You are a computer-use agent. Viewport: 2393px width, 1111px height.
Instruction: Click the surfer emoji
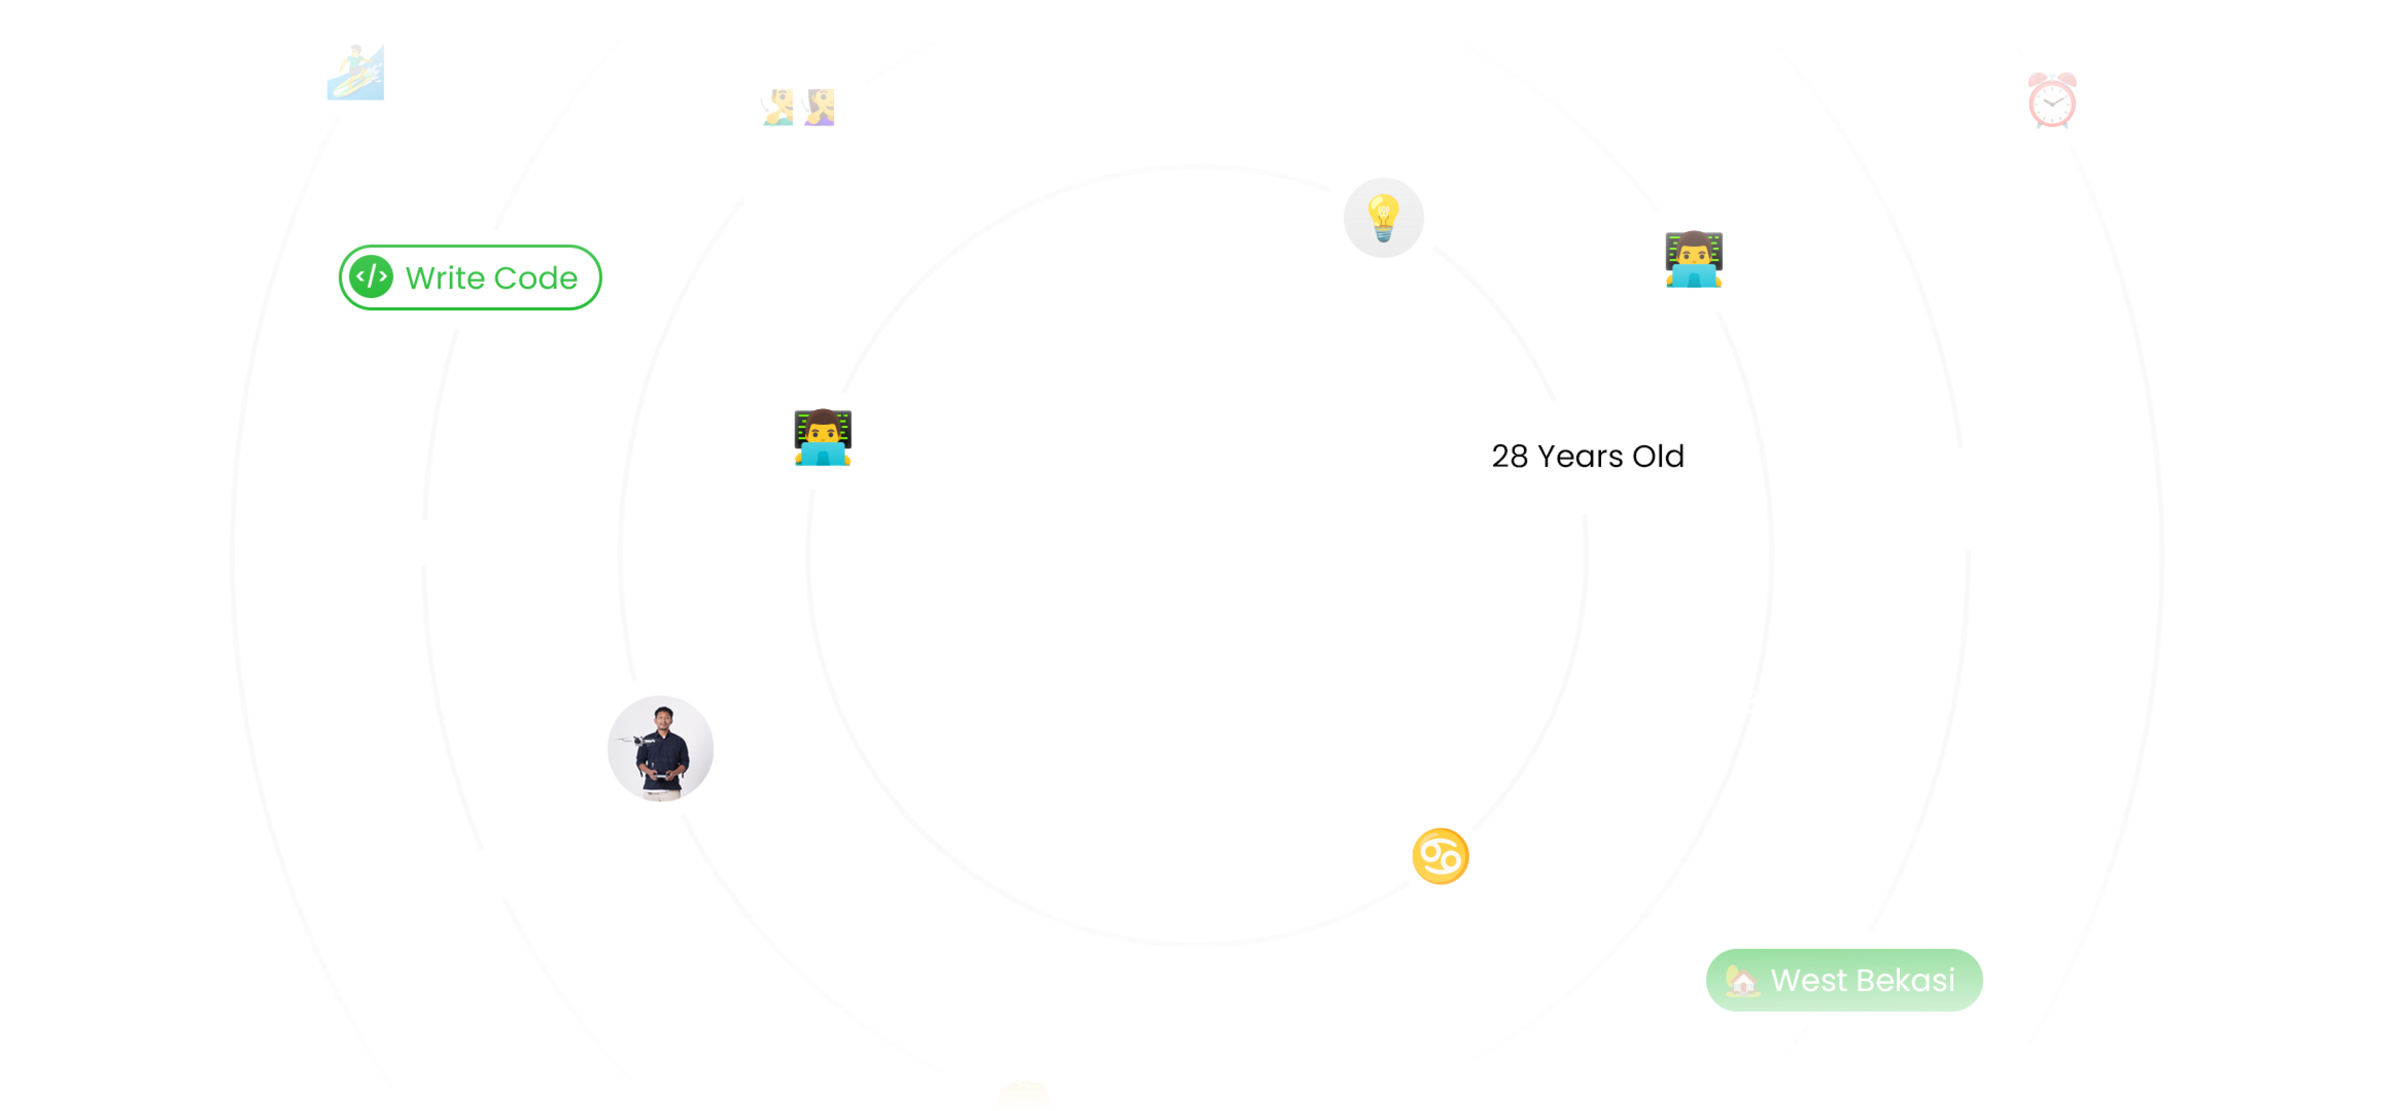355,72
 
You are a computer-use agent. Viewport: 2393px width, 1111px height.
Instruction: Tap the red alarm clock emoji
2051,99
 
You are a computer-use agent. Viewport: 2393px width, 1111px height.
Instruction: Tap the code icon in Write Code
371,277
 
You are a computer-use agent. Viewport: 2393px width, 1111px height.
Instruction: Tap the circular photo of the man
661,748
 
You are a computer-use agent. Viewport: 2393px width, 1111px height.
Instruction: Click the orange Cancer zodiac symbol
1440,856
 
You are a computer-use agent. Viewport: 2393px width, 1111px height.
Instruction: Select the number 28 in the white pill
1509,456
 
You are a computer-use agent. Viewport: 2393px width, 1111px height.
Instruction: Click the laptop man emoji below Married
822,437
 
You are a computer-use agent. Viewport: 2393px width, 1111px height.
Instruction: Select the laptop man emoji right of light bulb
1693,259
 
